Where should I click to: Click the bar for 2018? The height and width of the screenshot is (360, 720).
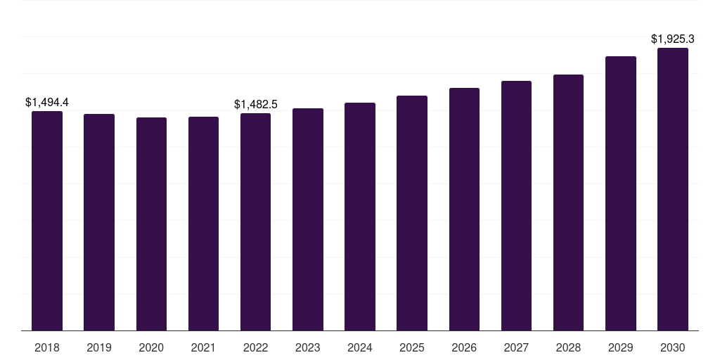(47, 221)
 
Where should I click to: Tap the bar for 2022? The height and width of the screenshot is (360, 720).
(256, 221)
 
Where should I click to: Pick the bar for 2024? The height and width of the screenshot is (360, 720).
(360, 217)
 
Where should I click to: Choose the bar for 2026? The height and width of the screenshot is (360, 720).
(464, 209)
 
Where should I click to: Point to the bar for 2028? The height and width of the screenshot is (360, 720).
(568, 202)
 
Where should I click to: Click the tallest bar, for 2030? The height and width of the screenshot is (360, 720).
(673, 189)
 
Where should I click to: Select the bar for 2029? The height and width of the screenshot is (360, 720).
(621, 193)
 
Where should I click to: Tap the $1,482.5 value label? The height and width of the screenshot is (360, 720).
(256, 105)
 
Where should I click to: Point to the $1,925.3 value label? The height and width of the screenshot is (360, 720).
(673, 39)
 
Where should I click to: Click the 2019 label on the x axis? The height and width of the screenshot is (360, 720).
(99, 347)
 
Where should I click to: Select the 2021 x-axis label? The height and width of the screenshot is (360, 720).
(203, 347)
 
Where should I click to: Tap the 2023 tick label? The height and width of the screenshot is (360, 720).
(308, 347)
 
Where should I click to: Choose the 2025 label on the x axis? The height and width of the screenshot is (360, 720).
(412, 347)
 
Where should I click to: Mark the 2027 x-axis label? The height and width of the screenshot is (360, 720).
(516, 347)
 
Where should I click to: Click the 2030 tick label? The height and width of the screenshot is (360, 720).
(673, 347)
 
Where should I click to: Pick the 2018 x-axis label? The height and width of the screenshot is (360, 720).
(47, 347)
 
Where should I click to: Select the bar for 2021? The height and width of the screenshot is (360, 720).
(203, 224)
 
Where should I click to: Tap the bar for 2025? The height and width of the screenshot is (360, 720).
(412, 213)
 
